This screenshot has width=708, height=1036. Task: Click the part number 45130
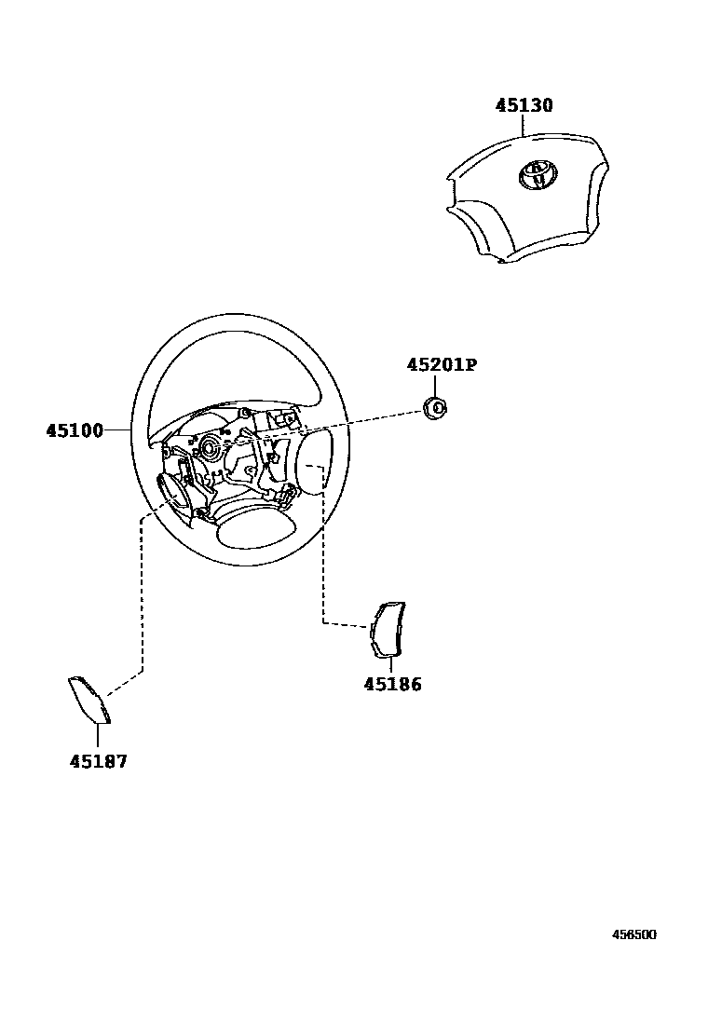point(524,106)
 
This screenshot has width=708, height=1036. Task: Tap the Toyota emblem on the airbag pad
point(536,174)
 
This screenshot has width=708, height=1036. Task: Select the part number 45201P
point(441,365)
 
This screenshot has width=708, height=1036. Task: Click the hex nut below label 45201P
point(434,406)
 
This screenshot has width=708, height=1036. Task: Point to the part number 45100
point(75,430)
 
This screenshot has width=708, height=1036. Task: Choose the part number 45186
point(392,685)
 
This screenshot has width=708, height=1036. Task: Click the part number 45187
point(98,761)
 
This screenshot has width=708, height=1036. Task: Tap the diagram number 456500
point(633,934)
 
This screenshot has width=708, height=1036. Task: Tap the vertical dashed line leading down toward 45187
point(141,596)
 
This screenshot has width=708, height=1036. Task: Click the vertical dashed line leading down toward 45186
point(322,559)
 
